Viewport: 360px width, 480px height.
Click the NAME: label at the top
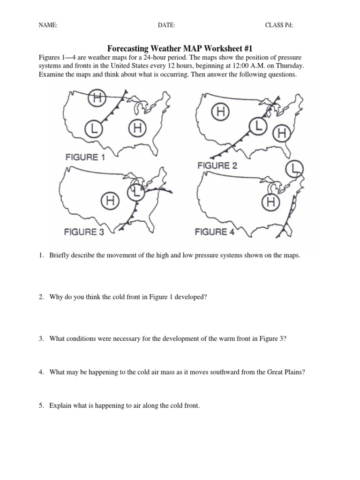47,25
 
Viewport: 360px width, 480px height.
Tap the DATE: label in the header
166,25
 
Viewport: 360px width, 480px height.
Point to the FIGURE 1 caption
85,157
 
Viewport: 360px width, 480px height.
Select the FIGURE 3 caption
84,232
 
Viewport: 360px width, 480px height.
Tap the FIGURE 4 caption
214,232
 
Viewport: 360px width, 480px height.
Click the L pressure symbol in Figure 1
94,127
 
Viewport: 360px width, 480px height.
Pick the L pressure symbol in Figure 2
257,125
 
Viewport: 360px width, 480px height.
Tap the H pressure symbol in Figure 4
270,202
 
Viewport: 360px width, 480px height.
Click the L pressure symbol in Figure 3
135,191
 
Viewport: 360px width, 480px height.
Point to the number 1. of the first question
41,255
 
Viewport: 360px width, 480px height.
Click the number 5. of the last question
41,405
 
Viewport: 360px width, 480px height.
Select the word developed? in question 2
190,297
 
